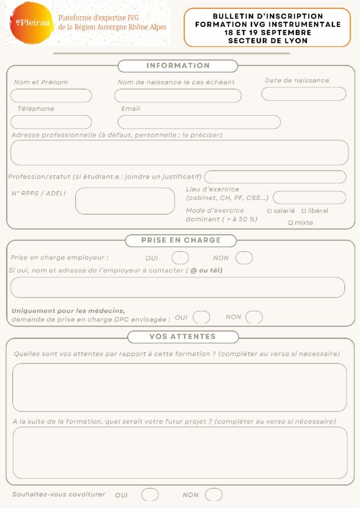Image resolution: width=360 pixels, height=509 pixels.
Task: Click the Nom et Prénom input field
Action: [x=51, y=95]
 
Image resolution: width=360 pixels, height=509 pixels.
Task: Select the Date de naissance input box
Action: [x=303, y=94]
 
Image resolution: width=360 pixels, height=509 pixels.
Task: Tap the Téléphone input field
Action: [x=51, y=122]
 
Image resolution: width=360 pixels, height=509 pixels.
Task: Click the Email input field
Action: [x=199, y=122]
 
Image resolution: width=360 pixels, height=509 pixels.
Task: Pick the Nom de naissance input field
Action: [x=178, y=95]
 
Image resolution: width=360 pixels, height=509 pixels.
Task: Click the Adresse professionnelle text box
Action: [x=179, y=152]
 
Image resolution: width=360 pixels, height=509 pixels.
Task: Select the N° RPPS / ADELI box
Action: [x=125, y=201]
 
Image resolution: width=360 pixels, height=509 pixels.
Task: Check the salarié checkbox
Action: [x=270, y=211]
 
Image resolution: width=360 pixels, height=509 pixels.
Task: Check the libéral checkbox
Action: [x=304, y=211]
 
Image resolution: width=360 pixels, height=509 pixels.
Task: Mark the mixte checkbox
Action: [x=290, y=223]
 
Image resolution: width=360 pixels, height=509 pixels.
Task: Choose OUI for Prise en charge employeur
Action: [x=180, y=258]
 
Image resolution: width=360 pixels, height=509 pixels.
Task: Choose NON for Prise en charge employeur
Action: [x=244, y=258]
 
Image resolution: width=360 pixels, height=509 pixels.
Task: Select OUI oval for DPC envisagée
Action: [x=201, y=317]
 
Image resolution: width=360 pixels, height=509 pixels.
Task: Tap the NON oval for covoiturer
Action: [x=214, y=495]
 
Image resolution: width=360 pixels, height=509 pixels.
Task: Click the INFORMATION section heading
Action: [x=178, y=66]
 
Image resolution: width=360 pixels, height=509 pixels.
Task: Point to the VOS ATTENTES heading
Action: [x=182, y=337]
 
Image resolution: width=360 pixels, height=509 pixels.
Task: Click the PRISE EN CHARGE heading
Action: [x=181, y=240]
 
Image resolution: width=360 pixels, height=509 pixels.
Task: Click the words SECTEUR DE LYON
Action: [x=268, y=41]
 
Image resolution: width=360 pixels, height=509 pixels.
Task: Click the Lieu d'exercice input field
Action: [x=309, y=197]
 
